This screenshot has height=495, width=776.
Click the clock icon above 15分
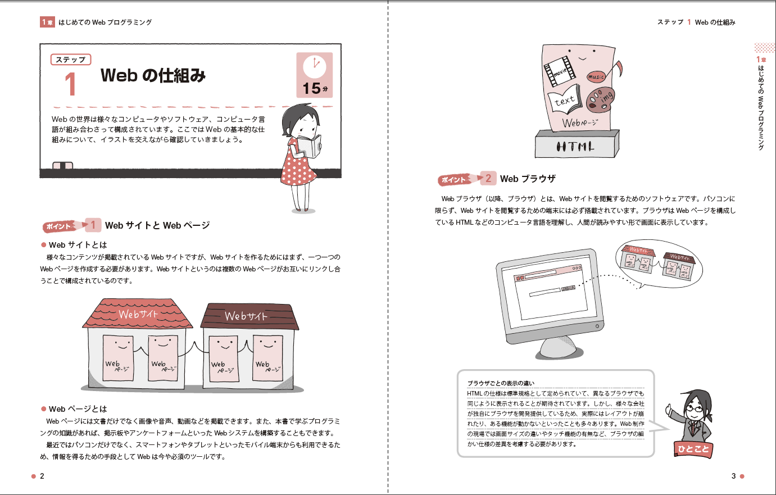(315, 66)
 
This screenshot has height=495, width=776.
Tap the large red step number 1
(71, 84)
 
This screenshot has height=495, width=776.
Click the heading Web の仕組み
(153, 75)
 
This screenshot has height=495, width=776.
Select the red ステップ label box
(71, 60)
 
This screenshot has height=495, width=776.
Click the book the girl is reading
(310, 146)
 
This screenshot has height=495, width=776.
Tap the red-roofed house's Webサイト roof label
(138, 314)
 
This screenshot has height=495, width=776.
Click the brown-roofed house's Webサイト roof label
(246, 316)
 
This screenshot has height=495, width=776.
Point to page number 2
(42, 476)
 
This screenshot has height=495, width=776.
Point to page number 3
(733, 476)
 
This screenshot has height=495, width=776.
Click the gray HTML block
(577, 144)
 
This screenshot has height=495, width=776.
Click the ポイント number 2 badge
(488, 179)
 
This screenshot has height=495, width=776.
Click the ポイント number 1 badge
(93, 225)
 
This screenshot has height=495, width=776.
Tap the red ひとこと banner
(693, 449)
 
